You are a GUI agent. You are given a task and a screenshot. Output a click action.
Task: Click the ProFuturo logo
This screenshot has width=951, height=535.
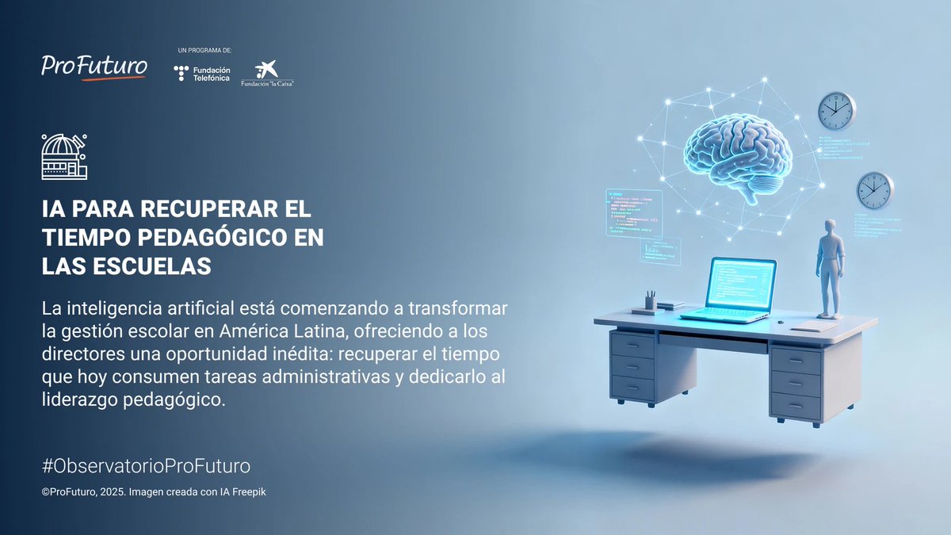(94, 65)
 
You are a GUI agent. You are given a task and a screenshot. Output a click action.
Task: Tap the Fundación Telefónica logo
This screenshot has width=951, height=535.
(202, 74)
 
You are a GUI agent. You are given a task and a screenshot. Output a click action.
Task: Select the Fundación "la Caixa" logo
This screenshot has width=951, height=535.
(262, 74)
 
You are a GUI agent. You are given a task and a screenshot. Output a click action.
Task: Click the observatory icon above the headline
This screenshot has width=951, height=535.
(64, 156)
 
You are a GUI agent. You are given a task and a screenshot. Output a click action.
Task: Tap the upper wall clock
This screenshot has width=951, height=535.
(836, 110)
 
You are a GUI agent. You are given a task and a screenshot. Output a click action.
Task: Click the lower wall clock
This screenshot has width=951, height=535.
(874, 190)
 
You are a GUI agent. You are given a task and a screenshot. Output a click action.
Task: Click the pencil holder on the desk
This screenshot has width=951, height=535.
(650, 301)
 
